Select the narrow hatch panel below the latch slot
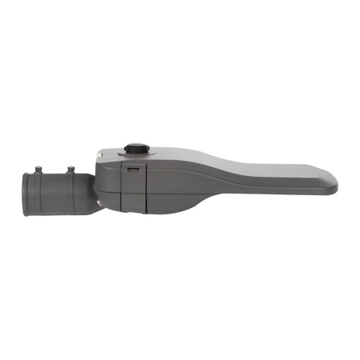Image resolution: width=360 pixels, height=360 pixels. [x=132, y=192]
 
